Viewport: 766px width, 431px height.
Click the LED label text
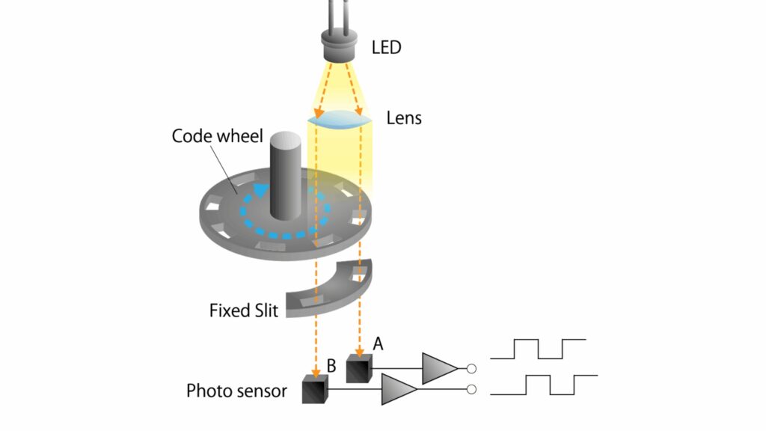(x=386, y=48)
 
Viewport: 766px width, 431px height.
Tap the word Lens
(x=404, y=117)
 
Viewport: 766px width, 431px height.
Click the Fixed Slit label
(x=243, y=309)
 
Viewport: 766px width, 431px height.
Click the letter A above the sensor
(x=378, y=343)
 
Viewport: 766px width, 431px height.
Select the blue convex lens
(x=339, y=119)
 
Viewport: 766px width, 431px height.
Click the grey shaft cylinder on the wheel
(x=286, y=176)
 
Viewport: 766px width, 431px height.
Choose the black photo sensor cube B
(x=315, y=390)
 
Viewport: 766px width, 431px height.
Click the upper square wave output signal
(x=538, y=349)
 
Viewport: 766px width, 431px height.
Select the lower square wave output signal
(x=549, y=385)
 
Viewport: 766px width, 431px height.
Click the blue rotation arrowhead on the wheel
(x=259, y=189)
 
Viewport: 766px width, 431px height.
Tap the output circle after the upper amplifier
(x=471, y=368)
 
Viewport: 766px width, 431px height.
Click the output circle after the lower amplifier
(x=471, y=389)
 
